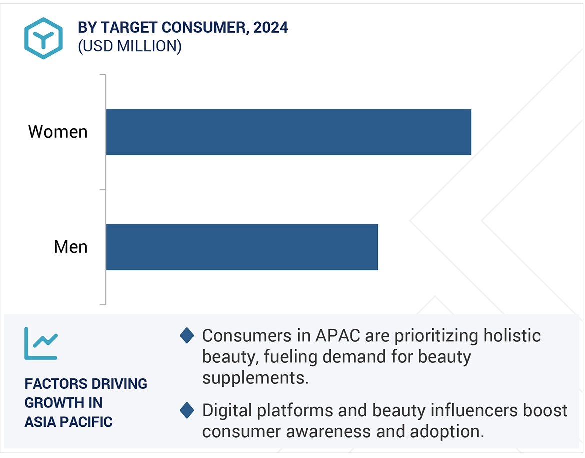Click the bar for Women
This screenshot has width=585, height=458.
[288, 132]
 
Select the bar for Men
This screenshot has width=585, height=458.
[242, 247]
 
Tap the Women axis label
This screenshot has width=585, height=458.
[58, 132]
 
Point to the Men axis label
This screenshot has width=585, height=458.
[70, 247]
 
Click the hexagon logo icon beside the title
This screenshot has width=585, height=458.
[43, 38]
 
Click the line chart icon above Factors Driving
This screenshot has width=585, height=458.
[41, 343]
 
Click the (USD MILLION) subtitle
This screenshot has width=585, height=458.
[130, 46]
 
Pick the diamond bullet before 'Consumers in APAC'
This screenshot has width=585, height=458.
[187, 335]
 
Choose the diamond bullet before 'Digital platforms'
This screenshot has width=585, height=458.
[187, 411]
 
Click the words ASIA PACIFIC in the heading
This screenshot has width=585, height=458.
[68, 422]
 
